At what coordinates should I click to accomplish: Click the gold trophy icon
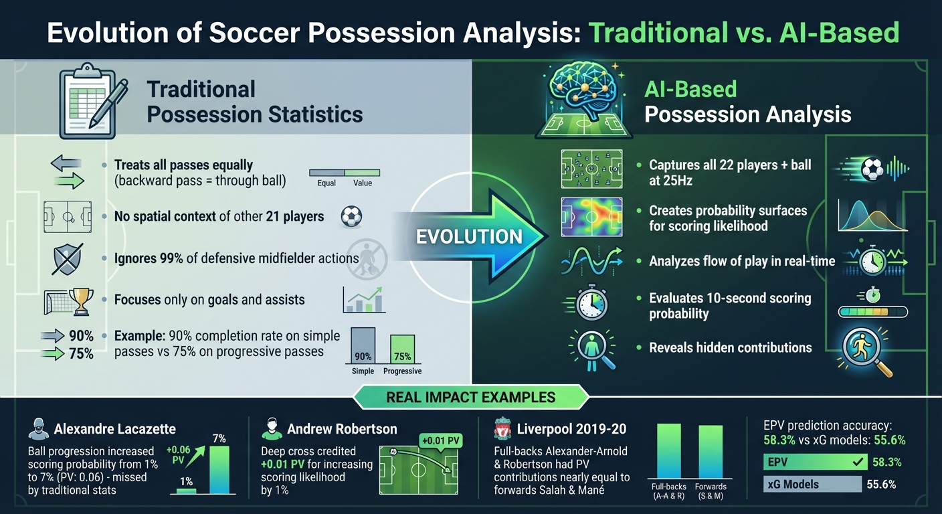[x=81, y=301]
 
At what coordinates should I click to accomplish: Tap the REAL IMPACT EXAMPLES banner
[x=471, y=397]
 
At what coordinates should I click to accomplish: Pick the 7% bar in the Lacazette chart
[x=219, y=470]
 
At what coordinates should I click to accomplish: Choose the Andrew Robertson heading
[x=342, y=429]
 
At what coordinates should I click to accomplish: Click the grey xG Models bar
[x=812, y=485]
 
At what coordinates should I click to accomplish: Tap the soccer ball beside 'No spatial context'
[x=351, y=216]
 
